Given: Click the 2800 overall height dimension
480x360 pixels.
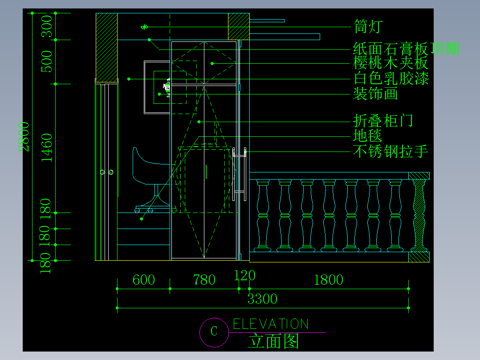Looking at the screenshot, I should click(x=24, y=136).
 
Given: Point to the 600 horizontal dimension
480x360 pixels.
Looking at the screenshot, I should click(x=144, y=280).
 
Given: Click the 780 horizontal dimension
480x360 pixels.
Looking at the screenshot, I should click(x=204, y=280).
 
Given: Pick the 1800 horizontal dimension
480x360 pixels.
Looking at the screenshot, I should click(x=329, y=280).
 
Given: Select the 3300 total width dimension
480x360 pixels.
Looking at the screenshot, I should click(x=262, y=299).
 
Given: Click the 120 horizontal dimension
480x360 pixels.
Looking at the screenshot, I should click(x=245, y=275).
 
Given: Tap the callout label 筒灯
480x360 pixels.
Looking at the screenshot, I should click(x=368, y=26).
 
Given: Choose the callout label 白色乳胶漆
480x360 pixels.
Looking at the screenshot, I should click(x=391, y=79).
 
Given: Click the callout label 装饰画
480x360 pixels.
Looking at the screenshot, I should click(x=375, y=94).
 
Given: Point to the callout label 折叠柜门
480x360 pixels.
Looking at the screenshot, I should click(x=383, y=120).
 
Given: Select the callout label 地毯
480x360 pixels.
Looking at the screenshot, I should click(x=367, y=135).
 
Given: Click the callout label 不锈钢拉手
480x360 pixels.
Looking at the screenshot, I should click(x=391, y=151).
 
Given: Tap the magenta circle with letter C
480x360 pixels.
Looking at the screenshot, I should click(x=214, y=332).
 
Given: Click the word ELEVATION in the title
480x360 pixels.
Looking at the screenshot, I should click(x=271, y=324).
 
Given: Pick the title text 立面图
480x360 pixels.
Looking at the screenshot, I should click(x=273, y=341).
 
